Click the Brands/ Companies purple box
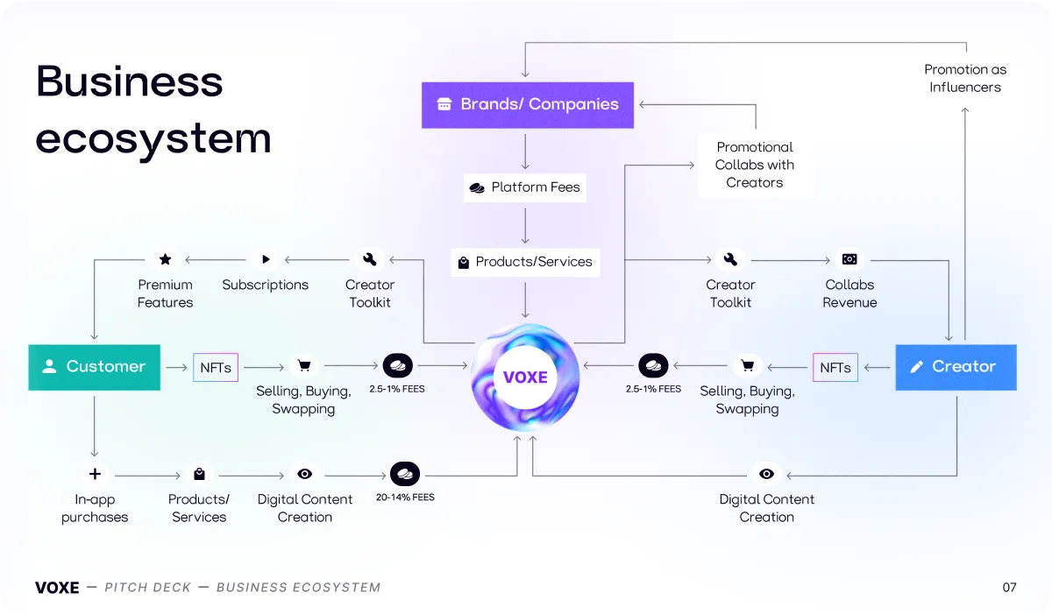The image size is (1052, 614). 528,105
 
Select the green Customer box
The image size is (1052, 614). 95,367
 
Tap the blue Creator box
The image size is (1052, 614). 956,367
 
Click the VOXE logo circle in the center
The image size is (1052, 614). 525,378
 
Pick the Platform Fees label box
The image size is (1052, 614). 524,187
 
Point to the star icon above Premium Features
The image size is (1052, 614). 166,259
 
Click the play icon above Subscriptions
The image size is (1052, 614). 266,259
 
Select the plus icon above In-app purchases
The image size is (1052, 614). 95,474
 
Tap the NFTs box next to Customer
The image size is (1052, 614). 216,367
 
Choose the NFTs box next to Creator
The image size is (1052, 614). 835,367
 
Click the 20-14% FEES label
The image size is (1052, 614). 405,498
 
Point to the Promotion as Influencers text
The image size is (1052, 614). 965,78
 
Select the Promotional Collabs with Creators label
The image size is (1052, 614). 755,165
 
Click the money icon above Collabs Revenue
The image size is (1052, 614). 849,259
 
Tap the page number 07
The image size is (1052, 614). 1009,587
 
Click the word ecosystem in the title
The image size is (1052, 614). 153,138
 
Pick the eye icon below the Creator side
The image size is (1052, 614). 766,474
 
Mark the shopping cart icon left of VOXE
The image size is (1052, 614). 304,366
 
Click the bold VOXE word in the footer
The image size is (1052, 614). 57,588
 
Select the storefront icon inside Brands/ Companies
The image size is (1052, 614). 444,104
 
